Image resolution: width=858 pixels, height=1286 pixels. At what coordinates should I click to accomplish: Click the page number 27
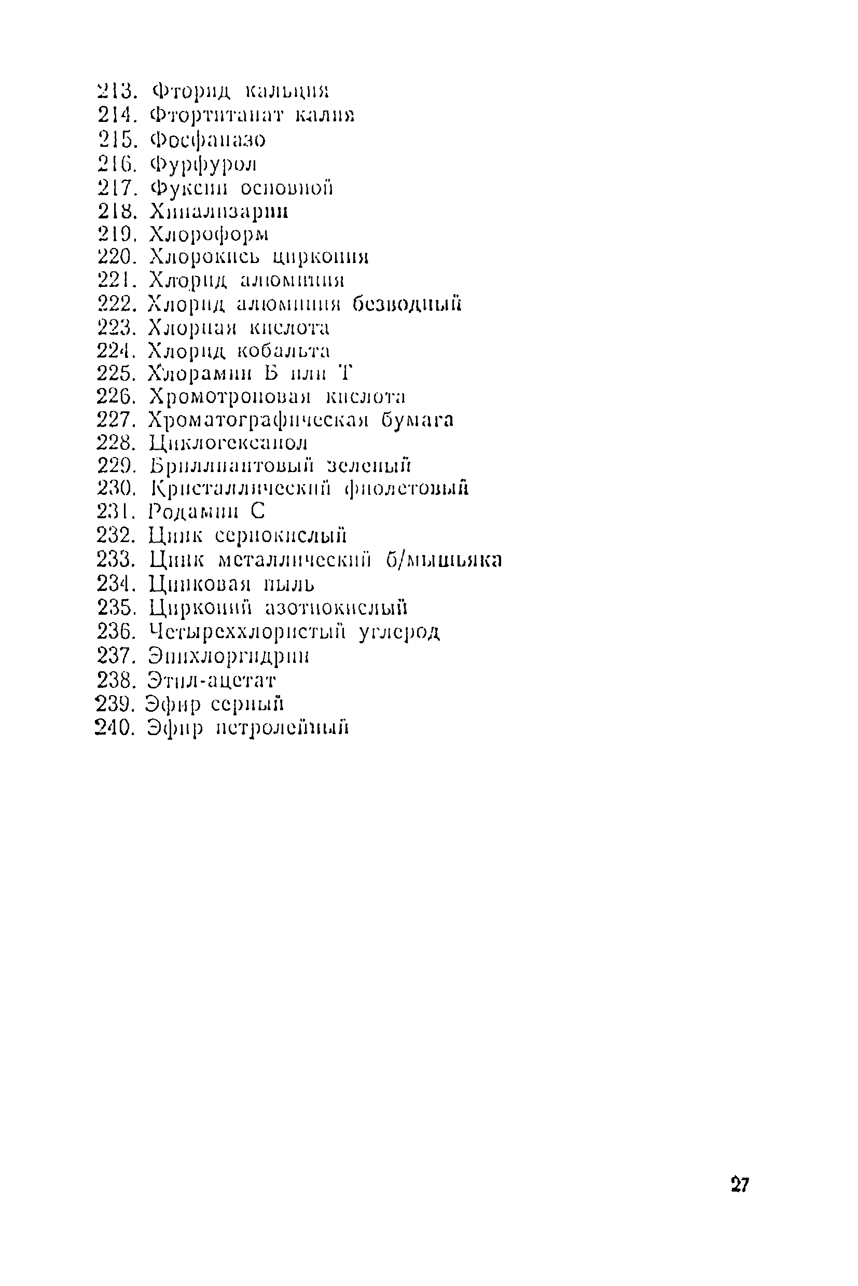pos(739,1185)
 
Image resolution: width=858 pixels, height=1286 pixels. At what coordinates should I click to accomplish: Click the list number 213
pos(116,90)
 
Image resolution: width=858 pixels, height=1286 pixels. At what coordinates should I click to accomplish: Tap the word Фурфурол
pos(203,163)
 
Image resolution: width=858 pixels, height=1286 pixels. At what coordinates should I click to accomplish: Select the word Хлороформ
pos(209,234)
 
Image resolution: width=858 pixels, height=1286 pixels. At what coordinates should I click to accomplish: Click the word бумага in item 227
pos(418,420)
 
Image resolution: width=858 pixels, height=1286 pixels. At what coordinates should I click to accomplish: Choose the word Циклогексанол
pos(228,442)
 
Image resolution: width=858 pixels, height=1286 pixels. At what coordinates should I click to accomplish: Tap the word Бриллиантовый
pos(232,466)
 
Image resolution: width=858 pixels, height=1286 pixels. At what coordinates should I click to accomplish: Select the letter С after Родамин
pos(258,511)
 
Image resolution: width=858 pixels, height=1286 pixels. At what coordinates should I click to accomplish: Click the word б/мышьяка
pos(444,560)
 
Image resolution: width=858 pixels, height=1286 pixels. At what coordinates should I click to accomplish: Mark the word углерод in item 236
pos(399,632)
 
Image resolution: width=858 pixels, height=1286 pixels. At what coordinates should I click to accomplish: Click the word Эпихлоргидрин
pos(229,656)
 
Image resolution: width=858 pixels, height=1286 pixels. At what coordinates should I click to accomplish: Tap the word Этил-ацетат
pos(212,680)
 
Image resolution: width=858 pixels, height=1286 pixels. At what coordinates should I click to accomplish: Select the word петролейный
pos(282,728)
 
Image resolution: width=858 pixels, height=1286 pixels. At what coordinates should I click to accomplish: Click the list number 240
pos(114,728)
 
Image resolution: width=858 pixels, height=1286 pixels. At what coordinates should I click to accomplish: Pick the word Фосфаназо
pos(208,140)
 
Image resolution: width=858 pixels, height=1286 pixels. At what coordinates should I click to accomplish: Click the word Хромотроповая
pos(230,396)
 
